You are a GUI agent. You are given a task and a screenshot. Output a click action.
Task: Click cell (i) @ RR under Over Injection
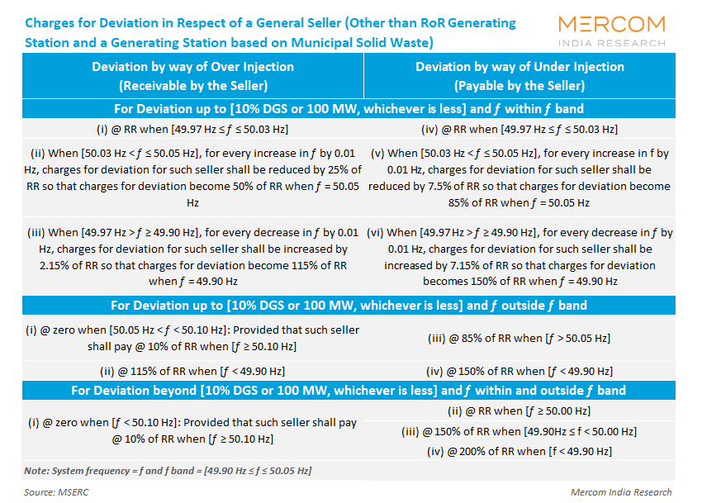pos(192,129)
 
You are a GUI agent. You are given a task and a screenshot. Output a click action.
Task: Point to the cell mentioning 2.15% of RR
pos(192,257)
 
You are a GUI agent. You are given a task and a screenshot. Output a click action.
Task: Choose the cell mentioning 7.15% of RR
pos(519,257)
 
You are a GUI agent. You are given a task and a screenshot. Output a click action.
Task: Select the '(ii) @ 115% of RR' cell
pos(192,371)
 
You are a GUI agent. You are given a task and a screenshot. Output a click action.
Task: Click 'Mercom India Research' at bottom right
pos(621,492)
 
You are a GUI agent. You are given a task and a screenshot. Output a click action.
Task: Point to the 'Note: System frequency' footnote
pos(168,471)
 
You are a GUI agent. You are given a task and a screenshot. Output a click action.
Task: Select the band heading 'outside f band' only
pos(349,306)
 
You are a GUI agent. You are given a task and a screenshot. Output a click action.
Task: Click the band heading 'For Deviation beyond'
pos(349,391)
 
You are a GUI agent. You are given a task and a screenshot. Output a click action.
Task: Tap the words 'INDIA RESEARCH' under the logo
pos(611,43)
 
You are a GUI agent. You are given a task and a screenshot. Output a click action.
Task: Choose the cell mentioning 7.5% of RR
pos(519,178)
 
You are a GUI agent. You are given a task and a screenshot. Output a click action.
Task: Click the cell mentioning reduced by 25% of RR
pos(192,178)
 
